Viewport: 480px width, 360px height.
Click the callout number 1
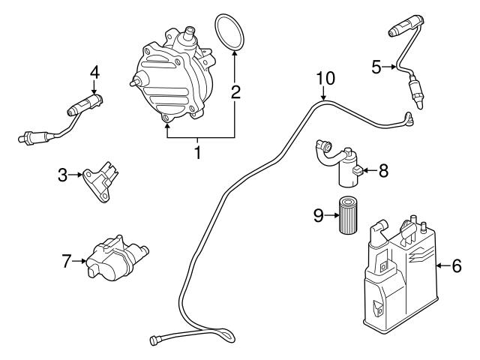[198, 153]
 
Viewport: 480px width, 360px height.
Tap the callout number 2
[235, 93]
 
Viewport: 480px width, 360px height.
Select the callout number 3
[63, 175]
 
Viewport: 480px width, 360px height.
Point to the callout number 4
[94, 72]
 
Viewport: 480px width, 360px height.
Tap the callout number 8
[383, 170]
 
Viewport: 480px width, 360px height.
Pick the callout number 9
[317, 215]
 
